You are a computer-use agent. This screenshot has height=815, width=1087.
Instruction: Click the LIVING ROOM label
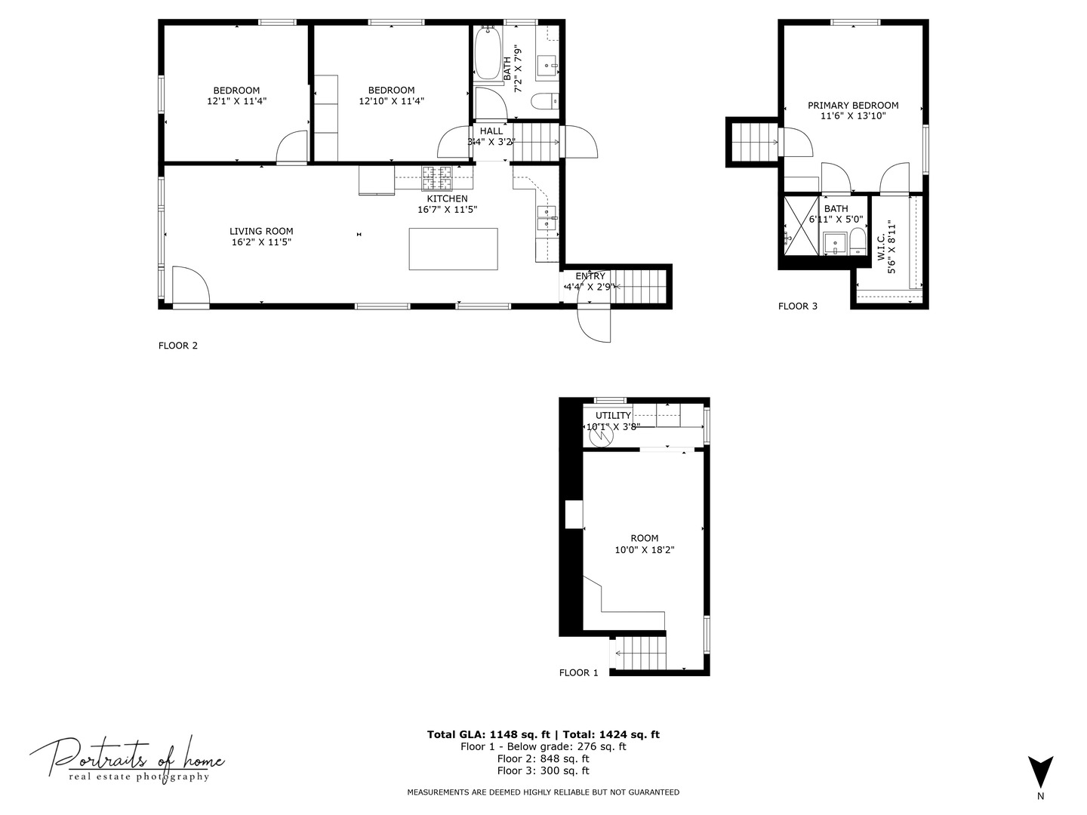tap(261, 232)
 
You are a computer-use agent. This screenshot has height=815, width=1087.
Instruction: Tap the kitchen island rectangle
tap(453, 249)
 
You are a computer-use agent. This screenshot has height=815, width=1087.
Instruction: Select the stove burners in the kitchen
tap(436, 177)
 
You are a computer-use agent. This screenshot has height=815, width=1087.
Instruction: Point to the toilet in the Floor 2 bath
tap(544, 100)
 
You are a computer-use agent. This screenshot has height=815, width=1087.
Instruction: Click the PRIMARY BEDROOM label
tap(853, 106)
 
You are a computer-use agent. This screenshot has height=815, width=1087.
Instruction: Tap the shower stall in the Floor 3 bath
tap(801, 226)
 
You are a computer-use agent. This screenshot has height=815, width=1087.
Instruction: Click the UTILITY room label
tap(613, 416)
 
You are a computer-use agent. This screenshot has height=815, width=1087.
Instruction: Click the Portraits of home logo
tap(127, 758)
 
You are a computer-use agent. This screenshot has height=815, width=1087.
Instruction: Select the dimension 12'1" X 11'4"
tap(236, 101)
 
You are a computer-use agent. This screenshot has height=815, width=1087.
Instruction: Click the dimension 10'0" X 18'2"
tap(644, 550)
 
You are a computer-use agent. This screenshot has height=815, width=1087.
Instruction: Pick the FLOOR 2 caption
tap(177, 346)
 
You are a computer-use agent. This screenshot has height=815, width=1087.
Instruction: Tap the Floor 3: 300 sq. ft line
tap(543, 770)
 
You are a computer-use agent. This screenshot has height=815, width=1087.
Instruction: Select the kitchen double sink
tap(546, 217)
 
